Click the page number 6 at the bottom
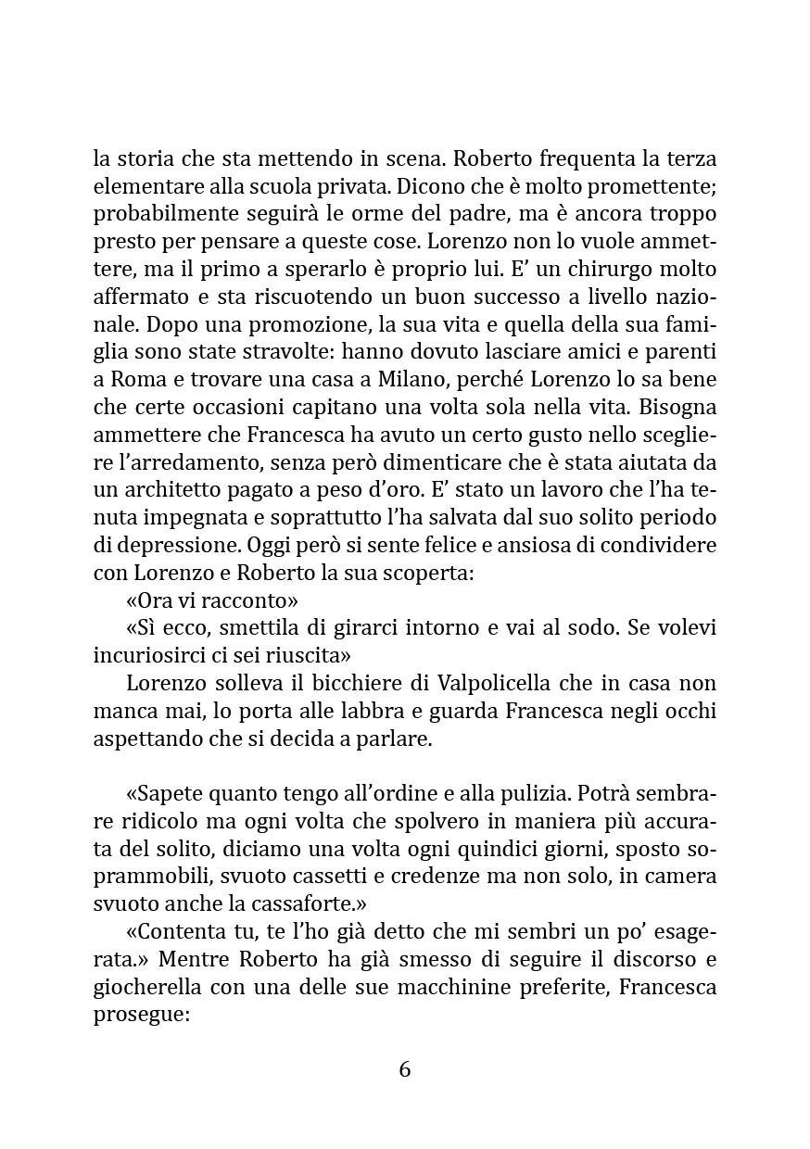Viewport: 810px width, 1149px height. [x=404, y=1069]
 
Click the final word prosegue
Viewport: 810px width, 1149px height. [x=140, y=1014]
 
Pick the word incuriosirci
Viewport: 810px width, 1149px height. [x=148, y=657]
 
